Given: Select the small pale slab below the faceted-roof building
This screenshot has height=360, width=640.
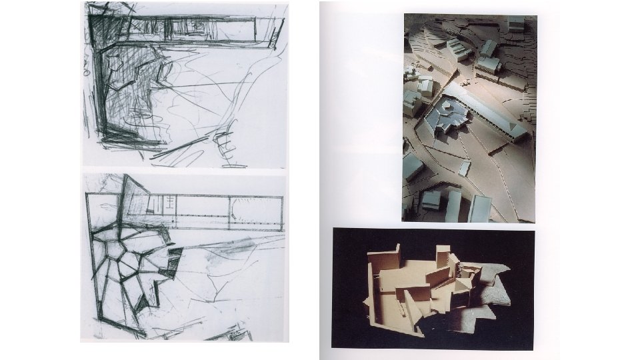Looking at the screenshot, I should (x=465, y=167).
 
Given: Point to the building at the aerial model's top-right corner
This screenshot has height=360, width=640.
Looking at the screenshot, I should (x=515, y=24).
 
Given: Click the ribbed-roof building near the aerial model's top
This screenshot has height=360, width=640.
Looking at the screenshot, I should (x=459, y=49).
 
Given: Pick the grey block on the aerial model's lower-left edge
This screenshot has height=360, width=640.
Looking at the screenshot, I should (x=412, y=166).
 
